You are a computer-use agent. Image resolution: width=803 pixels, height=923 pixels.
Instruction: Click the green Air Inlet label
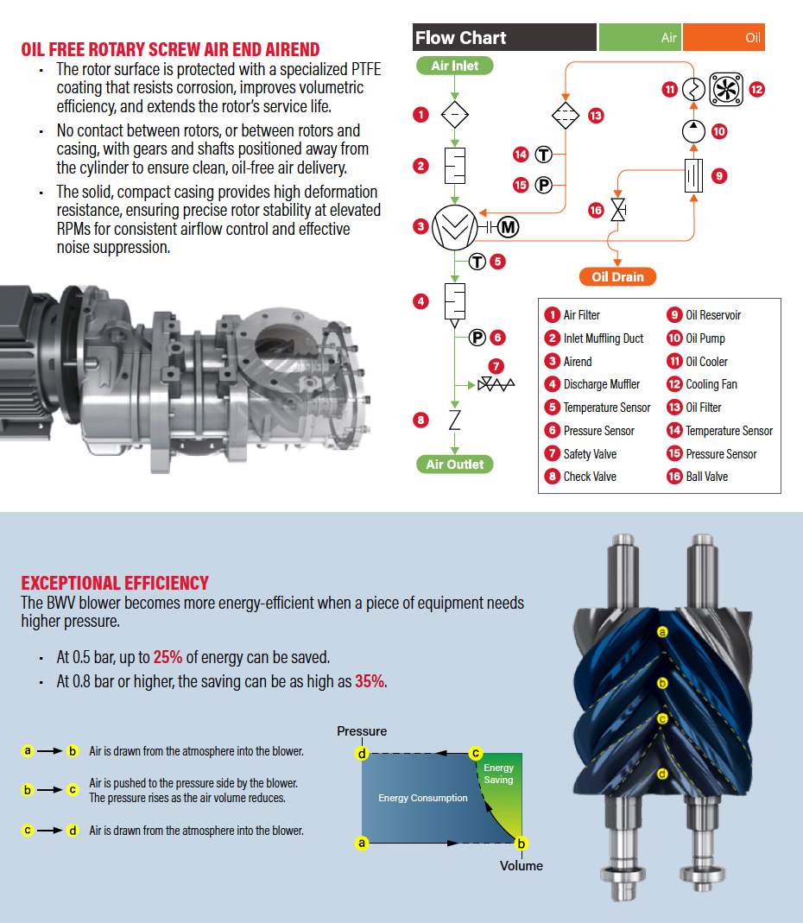[454, 66]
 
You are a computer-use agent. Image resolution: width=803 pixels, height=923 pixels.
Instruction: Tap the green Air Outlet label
[455, 465]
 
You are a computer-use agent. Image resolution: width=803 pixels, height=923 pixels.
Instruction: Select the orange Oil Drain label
[617, 277]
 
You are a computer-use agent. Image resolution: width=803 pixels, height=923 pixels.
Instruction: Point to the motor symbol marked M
[508, 227]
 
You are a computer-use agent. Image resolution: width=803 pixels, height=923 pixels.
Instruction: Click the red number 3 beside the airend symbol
[420, 227]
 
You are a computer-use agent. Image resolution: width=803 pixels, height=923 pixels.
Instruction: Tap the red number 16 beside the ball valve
[595, 210]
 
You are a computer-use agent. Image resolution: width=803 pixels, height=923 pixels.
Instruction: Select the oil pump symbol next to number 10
[693, 131]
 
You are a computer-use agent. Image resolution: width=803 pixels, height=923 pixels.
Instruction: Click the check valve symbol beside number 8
[455, 420]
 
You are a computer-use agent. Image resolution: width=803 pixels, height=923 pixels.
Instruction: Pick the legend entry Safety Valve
[590, 453]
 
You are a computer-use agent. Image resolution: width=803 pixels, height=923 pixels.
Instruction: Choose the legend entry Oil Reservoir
[713, 315]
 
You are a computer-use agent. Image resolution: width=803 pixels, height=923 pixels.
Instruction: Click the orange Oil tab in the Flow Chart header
[724, 38]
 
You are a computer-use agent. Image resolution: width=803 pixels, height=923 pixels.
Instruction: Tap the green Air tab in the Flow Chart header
[640, 38]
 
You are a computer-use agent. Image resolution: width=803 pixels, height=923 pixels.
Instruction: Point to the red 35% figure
[369, 681]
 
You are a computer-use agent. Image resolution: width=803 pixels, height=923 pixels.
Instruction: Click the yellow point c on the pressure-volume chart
[475, 753]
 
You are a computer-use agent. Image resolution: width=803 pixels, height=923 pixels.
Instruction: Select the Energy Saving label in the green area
[498, 774]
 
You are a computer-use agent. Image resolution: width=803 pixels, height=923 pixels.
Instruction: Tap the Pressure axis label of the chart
[362, 731]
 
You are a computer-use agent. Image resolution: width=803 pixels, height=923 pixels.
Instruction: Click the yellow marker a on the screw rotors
[663, 632]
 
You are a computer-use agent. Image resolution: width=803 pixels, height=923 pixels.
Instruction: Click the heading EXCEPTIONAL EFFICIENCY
[115, 583]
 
